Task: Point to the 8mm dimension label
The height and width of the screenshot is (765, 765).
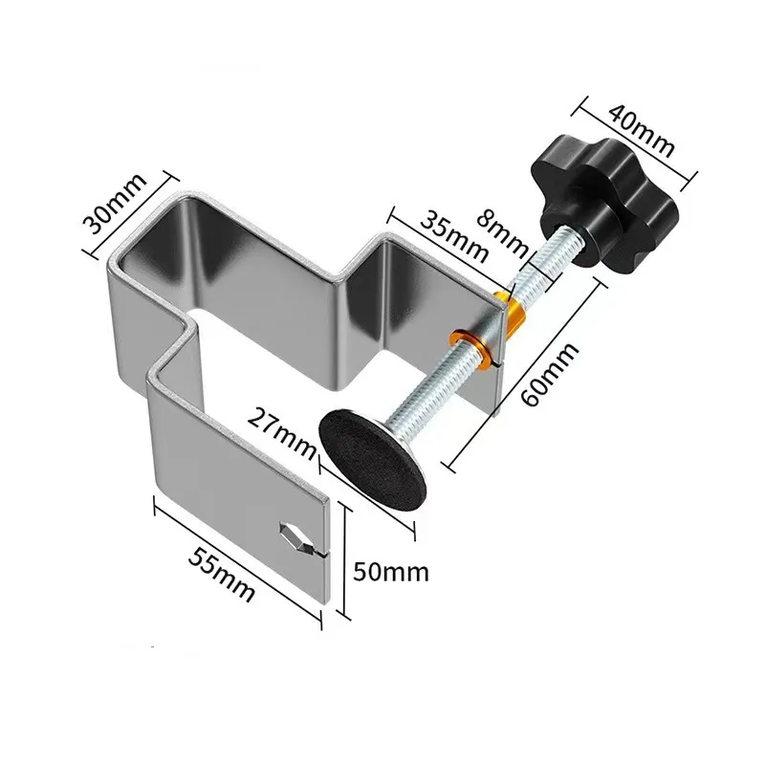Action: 507,230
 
